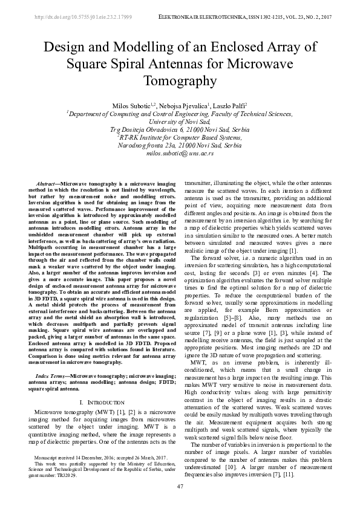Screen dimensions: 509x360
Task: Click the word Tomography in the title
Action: [180, 80]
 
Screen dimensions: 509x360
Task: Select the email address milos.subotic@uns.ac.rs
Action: [180, 154]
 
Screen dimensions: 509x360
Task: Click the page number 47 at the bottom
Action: [180, 487]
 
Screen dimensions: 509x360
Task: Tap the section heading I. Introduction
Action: [98, 401]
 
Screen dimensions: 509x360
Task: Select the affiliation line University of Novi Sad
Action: [180, 122]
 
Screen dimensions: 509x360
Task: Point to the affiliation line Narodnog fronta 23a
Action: [180, 145]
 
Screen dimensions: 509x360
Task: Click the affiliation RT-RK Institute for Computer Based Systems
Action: [180, 137]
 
